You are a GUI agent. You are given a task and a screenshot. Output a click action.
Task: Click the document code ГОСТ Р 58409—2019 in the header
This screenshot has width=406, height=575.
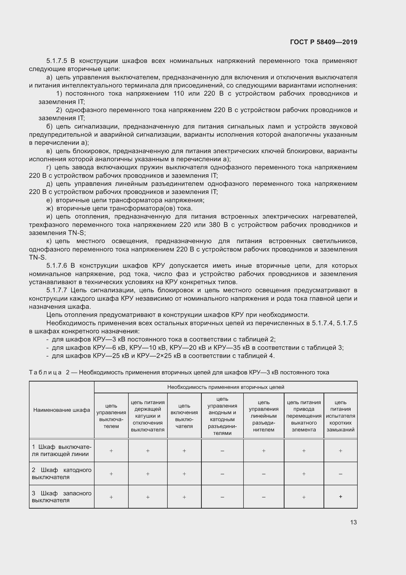324,42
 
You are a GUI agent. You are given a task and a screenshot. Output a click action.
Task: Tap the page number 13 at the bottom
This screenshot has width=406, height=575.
353,522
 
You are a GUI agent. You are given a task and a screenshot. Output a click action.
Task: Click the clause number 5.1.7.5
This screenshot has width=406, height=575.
57,61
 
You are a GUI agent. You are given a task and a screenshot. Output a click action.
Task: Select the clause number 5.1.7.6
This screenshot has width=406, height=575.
57,265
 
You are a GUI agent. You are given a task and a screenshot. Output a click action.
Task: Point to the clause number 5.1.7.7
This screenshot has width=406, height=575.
57,290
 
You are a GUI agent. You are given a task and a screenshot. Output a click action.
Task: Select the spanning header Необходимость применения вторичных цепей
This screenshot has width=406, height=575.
226,387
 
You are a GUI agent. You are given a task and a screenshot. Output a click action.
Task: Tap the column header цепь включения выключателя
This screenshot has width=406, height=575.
184,416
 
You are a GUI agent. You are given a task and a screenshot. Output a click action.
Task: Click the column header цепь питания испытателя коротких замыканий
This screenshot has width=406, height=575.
340,416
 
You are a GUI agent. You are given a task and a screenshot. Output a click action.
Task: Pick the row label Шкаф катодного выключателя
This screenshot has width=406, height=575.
62,473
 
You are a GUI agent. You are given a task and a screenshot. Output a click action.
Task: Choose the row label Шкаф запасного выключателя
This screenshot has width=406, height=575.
62,497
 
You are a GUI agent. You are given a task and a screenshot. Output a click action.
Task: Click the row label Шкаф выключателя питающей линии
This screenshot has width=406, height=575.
62,451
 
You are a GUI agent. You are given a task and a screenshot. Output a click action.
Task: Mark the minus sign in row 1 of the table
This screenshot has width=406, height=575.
222,451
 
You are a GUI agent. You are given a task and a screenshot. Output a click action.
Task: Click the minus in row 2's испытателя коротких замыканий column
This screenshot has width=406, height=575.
340,474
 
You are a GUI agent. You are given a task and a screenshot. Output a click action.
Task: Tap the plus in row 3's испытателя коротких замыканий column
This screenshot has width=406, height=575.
340,497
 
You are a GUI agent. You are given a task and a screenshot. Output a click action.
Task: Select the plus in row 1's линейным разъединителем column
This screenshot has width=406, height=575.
263,451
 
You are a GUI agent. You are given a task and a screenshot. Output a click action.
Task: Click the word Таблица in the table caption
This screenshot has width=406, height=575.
45,372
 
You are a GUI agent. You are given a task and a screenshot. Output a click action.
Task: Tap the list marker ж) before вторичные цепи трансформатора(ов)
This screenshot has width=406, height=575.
50,208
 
